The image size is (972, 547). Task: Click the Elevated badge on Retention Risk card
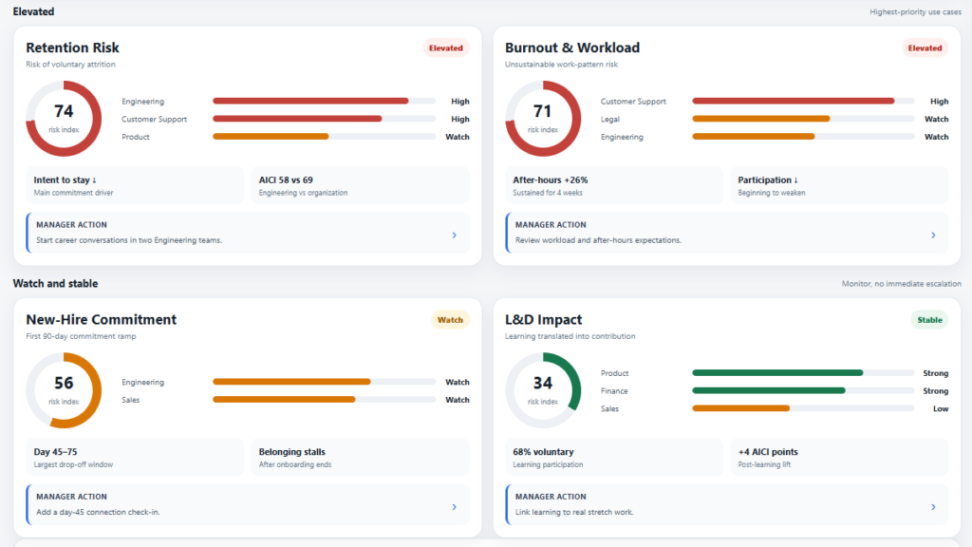[446, 47]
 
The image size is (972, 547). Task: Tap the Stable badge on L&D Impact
[929, 320]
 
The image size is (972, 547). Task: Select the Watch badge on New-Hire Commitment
[450, 320]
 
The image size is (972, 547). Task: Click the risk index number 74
[64, 111]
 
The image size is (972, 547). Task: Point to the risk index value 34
[542, 384]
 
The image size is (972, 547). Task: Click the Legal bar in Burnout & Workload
[760, 119]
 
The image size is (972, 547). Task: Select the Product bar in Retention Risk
[271, 137]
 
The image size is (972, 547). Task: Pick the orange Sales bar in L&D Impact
[740, 408]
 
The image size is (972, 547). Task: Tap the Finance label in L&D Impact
[614, 390]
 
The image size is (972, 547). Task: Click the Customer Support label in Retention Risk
[154, 119]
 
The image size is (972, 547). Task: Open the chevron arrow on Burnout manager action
[933, 236]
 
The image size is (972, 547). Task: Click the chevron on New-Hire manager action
[455, 507]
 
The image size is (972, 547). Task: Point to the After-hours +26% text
[550, 179]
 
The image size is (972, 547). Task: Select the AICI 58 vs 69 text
[286, 179]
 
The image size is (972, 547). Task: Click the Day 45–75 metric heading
[55, 452]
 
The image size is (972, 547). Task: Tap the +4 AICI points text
[767, 452]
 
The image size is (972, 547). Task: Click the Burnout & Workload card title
[572, 47]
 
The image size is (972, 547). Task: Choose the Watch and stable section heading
[55, 283]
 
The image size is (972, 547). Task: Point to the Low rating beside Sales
[941, 408]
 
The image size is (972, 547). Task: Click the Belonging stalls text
[292, 452]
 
